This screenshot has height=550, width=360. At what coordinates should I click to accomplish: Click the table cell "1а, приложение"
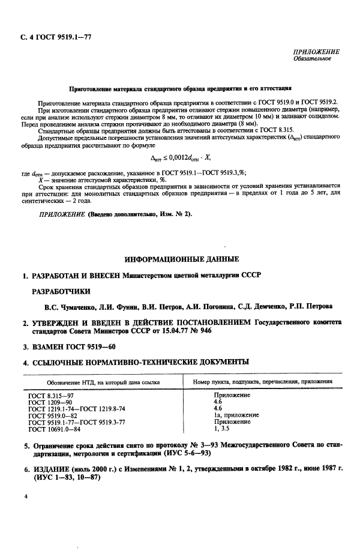(236, 416)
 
